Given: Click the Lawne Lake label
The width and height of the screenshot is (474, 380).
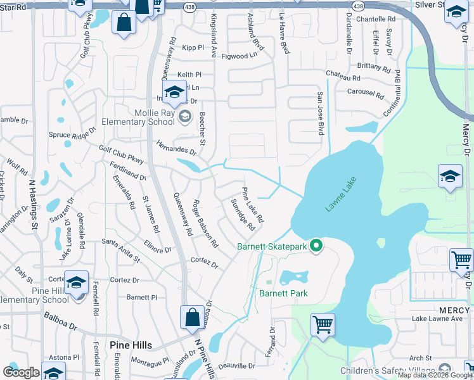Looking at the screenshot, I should point(342,194).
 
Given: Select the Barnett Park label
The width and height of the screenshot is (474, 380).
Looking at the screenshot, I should point(283,293).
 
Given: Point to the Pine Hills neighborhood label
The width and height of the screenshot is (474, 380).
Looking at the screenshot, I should point(131,345).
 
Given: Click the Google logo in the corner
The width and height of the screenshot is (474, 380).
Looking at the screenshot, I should point(21,372).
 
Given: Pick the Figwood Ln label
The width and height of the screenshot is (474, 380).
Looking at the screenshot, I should point(239,56).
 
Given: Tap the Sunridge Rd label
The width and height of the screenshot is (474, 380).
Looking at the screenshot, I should point(243,215).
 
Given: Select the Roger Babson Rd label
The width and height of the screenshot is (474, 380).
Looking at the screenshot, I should point(205,224).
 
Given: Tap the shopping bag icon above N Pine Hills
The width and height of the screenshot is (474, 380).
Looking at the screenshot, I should point(191,318).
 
